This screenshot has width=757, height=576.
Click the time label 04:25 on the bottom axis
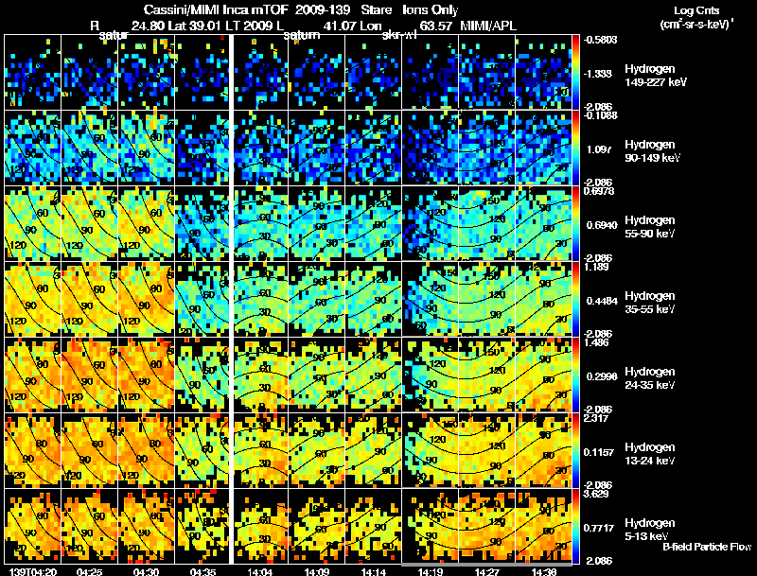pos(89,571)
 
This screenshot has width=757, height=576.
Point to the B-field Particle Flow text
pos(707,547)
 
